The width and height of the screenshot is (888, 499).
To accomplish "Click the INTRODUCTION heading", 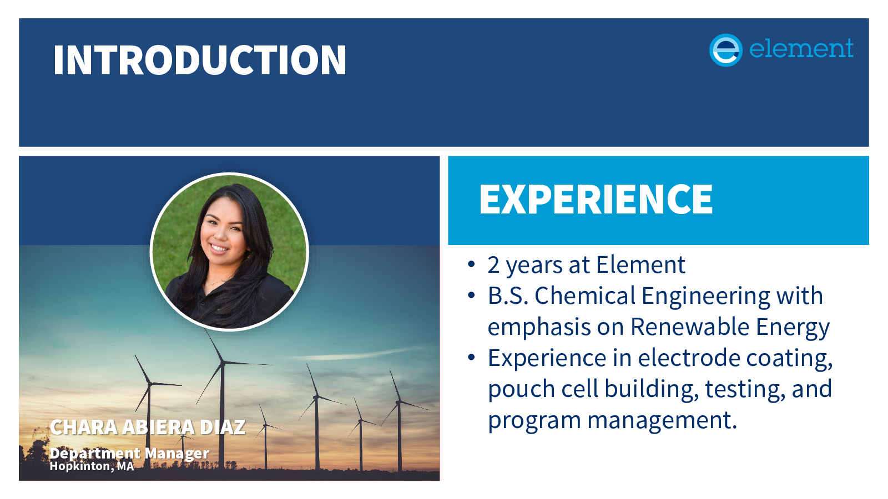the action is tap(200, 60).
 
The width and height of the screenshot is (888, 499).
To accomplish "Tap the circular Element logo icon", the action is tap(725, 50).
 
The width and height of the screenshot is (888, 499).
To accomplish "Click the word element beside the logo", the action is tap(801, 49).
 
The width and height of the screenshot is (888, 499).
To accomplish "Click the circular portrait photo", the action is tap(229, 252).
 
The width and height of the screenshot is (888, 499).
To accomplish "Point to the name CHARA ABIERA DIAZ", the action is tap(148, 427).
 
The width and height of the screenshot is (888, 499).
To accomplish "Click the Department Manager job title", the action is tap(129, 453).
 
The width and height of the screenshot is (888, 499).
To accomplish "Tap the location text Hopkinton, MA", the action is tap(92, 466).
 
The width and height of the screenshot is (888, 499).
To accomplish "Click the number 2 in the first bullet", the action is tap(493, 265).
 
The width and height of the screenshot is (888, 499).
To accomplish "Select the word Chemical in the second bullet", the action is tap(585, 296).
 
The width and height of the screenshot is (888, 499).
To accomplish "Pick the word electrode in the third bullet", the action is tap(689, 358).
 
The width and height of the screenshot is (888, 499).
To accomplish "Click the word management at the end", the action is tap(662, 421).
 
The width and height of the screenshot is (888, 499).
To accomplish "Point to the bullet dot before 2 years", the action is tap(471, 264).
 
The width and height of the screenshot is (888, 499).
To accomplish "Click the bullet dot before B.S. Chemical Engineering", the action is tap(471, 295).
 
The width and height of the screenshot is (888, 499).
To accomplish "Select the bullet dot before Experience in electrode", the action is tap(471, 357).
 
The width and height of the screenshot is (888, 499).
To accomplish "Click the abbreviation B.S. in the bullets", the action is tap(508, 296).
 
